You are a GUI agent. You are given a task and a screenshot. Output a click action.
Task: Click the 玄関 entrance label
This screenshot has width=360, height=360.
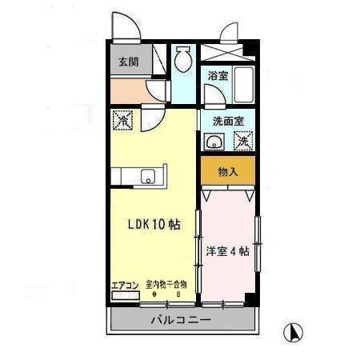128,62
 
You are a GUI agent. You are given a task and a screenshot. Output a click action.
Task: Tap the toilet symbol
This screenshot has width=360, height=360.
183,57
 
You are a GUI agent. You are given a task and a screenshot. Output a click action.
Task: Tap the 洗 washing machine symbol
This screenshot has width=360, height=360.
242,142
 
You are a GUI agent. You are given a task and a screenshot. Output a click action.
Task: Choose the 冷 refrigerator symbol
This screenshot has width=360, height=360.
125,121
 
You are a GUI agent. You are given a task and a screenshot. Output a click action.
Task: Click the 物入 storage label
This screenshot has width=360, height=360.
228,170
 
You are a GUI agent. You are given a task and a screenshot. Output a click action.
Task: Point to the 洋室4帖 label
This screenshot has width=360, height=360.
227,250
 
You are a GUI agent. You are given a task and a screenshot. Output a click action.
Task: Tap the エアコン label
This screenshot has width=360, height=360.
126,285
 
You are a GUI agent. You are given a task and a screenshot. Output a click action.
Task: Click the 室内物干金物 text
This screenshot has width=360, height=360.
166,284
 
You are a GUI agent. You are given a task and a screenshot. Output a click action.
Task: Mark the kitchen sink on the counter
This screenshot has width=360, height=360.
150,176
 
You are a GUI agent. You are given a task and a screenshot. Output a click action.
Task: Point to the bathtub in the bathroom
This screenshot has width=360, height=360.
242,85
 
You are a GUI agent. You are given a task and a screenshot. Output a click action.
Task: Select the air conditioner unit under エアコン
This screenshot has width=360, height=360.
125,296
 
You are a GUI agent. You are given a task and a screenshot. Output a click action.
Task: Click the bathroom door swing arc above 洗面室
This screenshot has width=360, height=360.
212,98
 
